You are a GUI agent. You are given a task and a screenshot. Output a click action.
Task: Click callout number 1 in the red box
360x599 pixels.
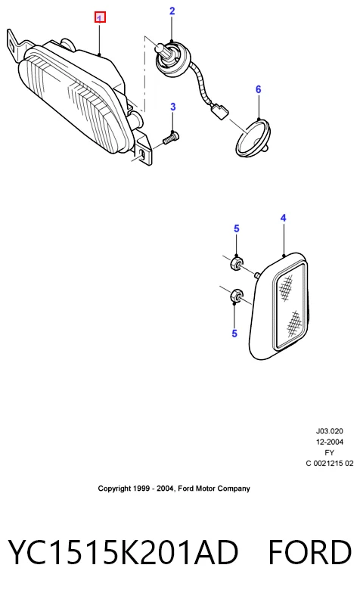[x=100, y=17]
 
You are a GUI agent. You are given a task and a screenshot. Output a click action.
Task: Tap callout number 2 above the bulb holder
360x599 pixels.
[x=172, y=11]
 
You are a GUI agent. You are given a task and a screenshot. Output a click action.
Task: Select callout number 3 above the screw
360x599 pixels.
[x=172, y=107]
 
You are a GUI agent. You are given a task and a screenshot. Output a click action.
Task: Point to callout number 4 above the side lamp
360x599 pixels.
[x=283, y=218]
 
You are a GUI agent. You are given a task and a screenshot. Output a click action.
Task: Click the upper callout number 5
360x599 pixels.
[x=237, y=228]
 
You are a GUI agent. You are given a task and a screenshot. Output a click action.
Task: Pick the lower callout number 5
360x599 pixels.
[x=234, y=334]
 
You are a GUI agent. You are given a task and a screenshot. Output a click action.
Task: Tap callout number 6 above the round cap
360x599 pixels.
[x=259, y=89]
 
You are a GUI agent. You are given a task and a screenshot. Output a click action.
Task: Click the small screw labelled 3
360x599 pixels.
[x=171, y=138]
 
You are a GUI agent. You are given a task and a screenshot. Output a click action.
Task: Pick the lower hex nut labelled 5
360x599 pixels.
[x=236, y=296]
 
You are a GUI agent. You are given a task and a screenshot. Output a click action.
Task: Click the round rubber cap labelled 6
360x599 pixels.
[x=253, y=138]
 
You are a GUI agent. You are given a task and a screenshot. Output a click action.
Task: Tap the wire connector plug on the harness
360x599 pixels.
[x=219, y=112]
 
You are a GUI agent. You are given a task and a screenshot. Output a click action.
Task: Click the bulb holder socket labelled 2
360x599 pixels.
[x=172, y=60]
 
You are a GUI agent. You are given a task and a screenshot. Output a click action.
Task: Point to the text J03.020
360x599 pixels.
[x=330, y=431]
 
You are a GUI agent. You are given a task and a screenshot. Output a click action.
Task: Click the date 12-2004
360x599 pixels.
[x=330, y=442]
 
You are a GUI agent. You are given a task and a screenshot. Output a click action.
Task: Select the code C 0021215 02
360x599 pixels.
[x=330, y=464]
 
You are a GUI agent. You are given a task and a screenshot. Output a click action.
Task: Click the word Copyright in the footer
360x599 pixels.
[x=114, y=489]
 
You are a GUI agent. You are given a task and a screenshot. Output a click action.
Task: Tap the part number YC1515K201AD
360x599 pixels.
[x=123, y=552]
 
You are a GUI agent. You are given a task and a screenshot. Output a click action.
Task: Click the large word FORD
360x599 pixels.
[x=309, y=552]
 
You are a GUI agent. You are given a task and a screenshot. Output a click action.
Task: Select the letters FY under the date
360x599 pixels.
[x=330, y=453]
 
